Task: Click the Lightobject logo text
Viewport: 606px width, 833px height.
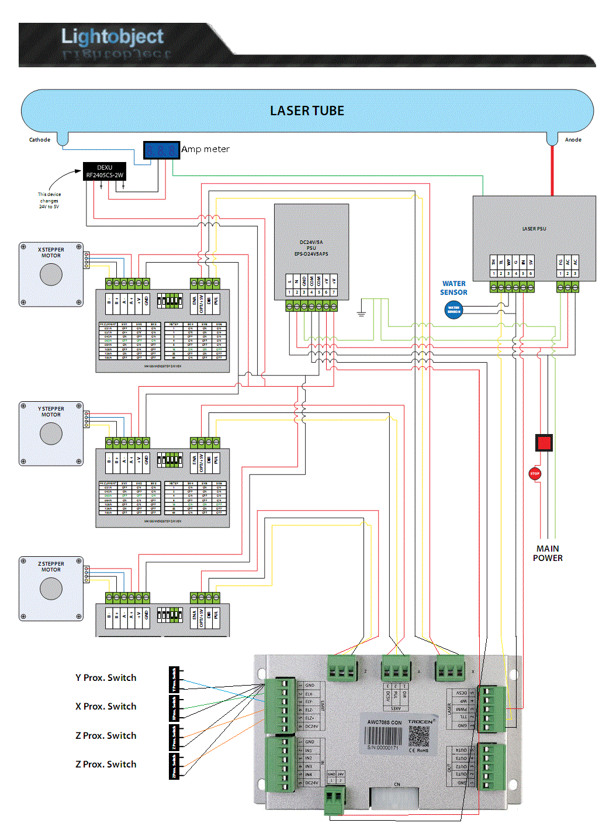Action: pos(112,36)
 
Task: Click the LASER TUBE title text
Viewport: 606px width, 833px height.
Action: pos(307,111)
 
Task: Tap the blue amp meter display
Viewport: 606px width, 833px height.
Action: pos(161,150)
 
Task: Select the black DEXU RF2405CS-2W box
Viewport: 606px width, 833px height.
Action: pos(105,171)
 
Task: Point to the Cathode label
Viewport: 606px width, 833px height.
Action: pos(40,140)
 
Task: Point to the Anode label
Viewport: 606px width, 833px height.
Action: pos(573,140)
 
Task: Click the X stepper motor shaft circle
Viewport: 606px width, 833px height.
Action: pos(51,274)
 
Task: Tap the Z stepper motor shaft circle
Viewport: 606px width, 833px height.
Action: pos(51,588)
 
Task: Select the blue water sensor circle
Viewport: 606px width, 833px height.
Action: pos(453,309)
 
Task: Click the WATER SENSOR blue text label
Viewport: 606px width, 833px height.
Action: pos(453,288)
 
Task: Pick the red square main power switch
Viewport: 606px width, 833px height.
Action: pos(544,442)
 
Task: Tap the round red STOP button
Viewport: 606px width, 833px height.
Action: pos(535,473)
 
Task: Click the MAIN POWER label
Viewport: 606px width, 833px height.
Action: pos(548,553)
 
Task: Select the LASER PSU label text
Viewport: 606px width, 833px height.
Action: pos(534,229)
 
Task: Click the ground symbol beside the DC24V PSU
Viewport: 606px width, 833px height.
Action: pos(361,314)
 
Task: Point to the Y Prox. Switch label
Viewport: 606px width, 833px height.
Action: pos(106,678)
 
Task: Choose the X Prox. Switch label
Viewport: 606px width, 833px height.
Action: pos(106,707)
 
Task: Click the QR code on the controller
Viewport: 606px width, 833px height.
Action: pos(419,736)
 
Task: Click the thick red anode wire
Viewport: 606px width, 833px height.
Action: pos(552,170)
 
